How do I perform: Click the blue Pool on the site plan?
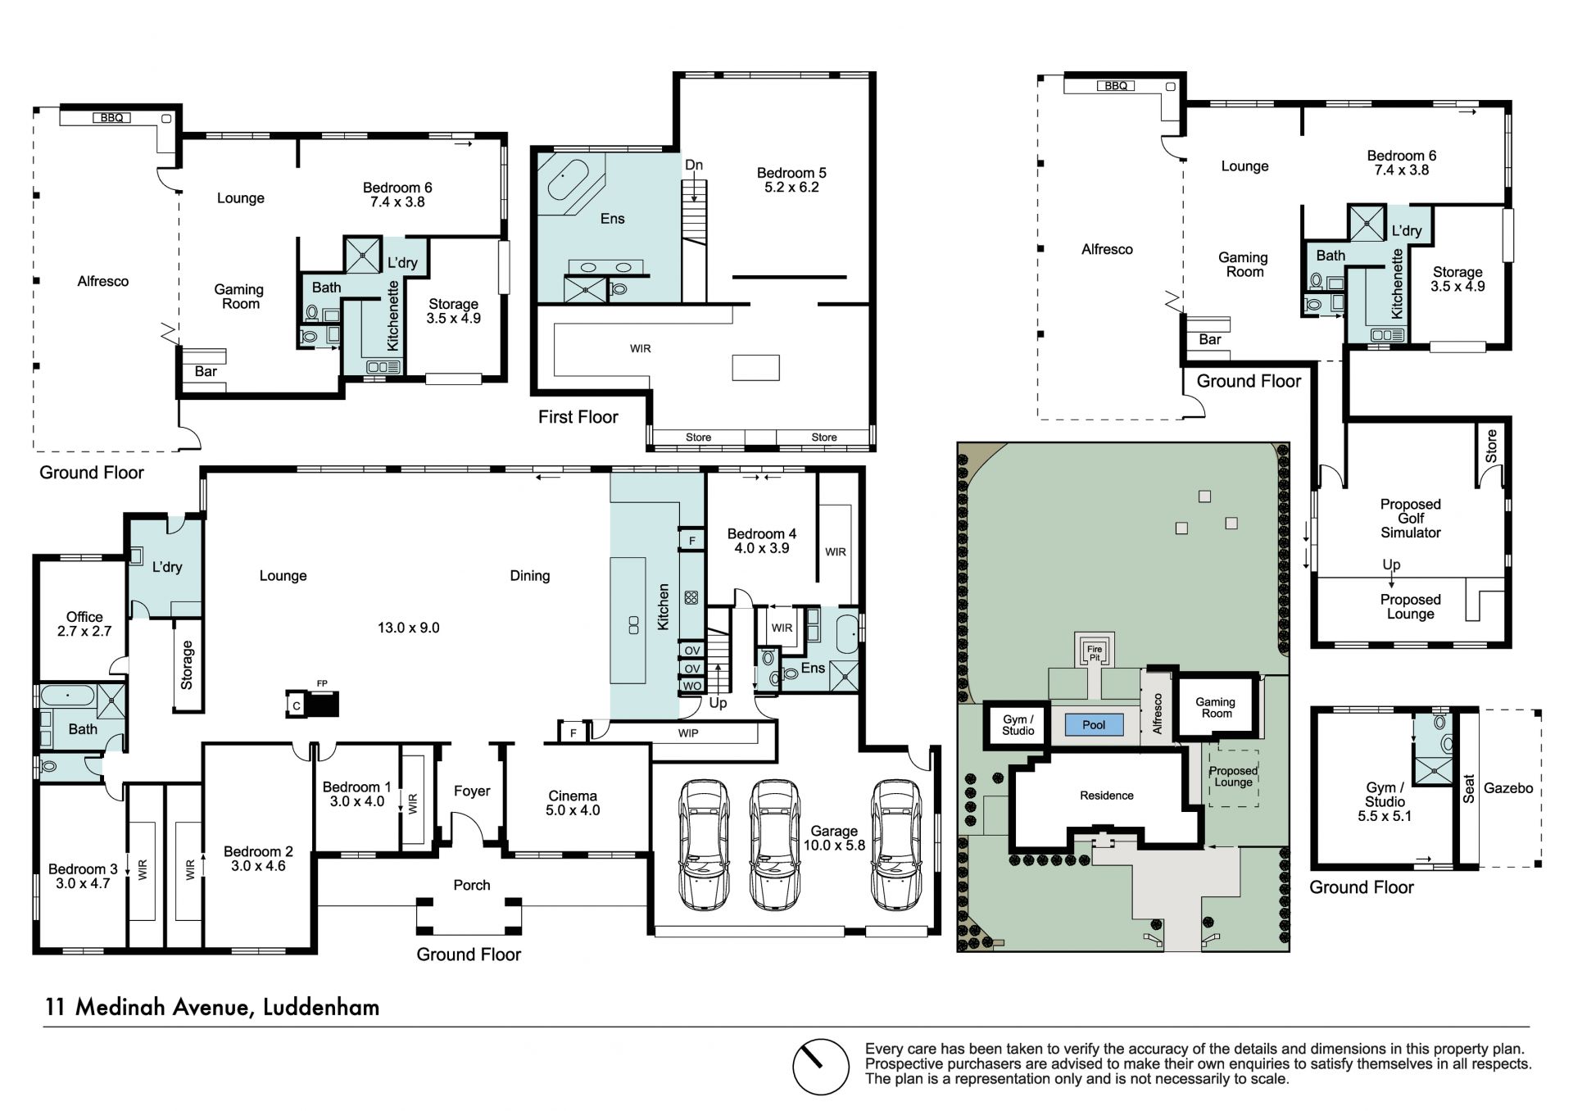[x=1094, y=724]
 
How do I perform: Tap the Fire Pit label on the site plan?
[x=1095, y=653]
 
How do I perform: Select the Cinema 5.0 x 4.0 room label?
[x=573, y=803]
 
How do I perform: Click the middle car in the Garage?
[x=774, y=845]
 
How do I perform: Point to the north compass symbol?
[x=820, y=1067]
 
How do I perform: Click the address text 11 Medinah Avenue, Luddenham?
[x=212, y=1007]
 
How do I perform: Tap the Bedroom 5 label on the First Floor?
[x=791, y=179]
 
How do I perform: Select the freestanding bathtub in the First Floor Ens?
[x=569, y=181]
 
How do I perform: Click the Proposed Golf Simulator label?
[x=1411, y=519]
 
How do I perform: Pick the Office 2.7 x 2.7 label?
[x=84, y=624]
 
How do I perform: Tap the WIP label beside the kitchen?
[x=688, y=733]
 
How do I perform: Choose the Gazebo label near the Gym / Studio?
[x=1508, y=788]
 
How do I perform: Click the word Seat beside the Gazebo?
[x=1469, y=789]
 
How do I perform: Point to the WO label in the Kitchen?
[x=692, y=687]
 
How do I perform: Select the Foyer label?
[x=472, y=791]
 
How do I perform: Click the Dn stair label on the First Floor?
[x=694, y=165]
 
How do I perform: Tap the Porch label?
[x=472, y=885]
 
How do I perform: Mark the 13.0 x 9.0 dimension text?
[x=409, y=628]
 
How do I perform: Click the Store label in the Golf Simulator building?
[x=1491, y=446]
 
